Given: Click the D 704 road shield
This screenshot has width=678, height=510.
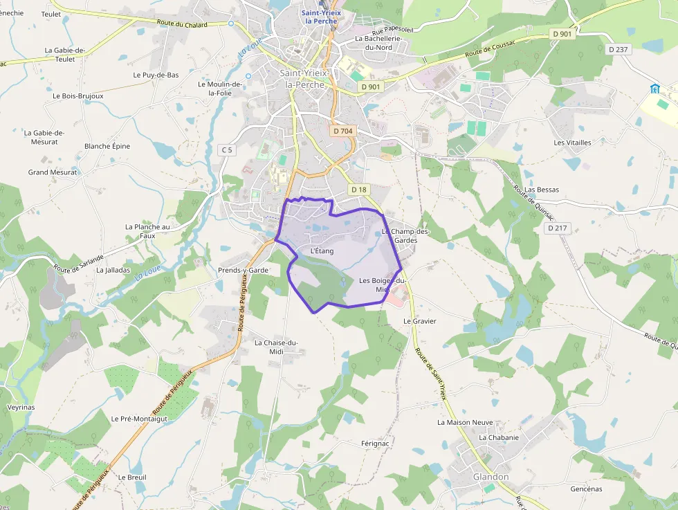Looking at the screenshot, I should [x=342, y=131].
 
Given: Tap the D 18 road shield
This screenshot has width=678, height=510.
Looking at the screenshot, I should [x=358, y=189].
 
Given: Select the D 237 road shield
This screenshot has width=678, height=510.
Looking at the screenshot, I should [x=619, y=49].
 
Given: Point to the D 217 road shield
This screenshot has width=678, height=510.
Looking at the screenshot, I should [x=557, y=228].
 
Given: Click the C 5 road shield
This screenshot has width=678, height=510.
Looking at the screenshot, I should [x=226, y=150].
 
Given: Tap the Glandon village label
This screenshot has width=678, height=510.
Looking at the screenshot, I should [x=491, y=477].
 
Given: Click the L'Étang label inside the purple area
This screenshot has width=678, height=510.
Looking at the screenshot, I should [x=322, y=251].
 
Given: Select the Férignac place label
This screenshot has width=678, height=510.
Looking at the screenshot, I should [x=376, y=443].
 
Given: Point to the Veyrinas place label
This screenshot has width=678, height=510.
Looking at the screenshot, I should [x=21, y=408].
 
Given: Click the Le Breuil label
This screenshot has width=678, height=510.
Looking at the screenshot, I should [x=131, y=477].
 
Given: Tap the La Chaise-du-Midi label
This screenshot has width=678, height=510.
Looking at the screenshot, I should [x=275, y=347].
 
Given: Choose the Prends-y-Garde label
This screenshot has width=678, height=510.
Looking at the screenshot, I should [x=243, y=270].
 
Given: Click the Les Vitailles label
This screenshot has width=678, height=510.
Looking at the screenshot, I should [x=572, y=143].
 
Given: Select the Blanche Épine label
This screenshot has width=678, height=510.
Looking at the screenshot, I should [x=107, y=146].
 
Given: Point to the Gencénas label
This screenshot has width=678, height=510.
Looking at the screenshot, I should [x=586, y=489].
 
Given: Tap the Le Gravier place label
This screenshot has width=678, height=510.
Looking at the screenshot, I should [x=420, y=321].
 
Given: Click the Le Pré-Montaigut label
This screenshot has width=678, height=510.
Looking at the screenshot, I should [x=139, y=419].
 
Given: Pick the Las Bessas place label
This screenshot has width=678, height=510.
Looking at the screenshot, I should [x=542, y=190].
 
